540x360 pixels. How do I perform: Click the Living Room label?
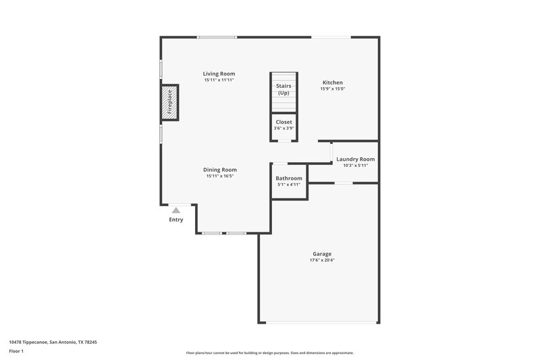pyautogui.click(x=219, y=74)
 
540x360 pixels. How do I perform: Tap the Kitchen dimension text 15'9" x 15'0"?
pyautogui.click(x=332, y=88)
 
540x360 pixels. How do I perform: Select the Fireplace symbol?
pyautogui.click(x=169, y=103)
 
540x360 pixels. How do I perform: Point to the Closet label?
pyautogui.click(x=283, y=122)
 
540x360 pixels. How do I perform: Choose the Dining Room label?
pyautogui.click(x=220, y=170)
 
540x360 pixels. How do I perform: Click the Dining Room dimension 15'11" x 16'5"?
pyautogui.click(x=220, y=176)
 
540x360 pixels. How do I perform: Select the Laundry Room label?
pyautogui.click(x=356, y=159)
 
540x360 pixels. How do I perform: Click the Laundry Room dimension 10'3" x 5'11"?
pyautogui.click(x=356, y=165)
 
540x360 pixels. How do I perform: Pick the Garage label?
pyautogui.click(x=321, y=254)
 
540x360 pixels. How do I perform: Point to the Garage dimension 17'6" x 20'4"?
pyautogui.click(x=321, y=261)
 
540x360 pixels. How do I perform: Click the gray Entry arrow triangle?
pyautogui.click(x=176, y=211)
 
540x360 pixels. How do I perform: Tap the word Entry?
pyautogui.click(x=176, y=220)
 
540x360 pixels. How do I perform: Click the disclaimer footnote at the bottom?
pyautogui.click(x=270, y=353)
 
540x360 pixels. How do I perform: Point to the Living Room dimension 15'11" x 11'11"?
pyautogui.click(x=219, y=80)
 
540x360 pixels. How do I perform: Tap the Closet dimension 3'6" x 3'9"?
pyautogui.click(x=283, y=128)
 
